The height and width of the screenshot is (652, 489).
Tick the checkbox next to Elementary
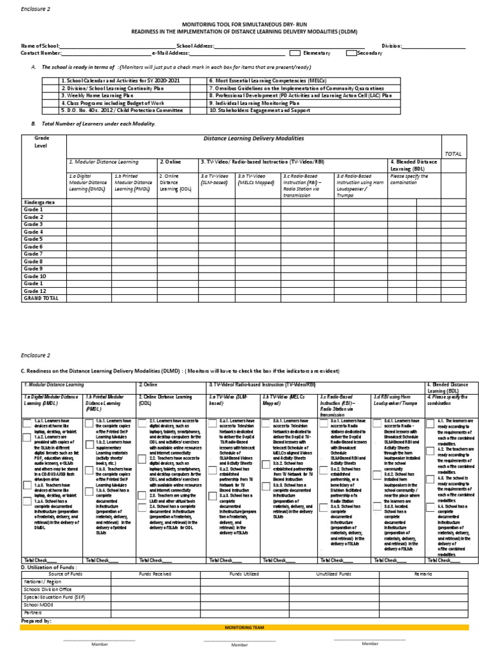pyautogui.click(x=295, y=53)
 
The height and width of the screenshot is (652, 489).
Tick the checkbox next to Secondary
pyautogui.click(x=351, y=53)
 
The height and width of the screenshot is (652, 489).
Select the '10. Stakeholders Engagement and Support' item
pyautogui.click(x=255, y=109)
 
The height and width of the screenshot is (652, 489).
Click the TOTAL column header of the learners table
pyautogui.click(x=453, y=154)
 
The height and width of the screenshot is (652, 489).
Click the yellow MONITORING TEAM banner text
pyautogui.click(x=244, y=627)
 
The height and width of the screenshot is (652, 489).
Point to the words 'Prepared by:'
pyautogui.click(x=37, y=620)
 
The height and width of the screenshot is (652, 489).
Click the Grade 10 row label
pyautogui.click(x=34, y=276)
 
